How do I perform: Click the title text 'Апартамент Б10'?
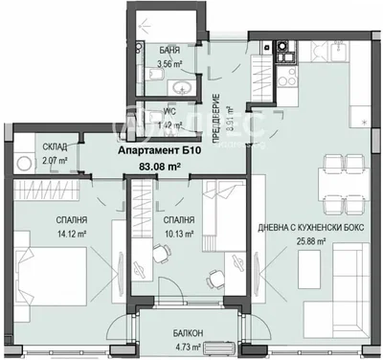(x=160, y=151)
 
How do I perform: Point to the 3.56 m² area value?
(x=169, y=68)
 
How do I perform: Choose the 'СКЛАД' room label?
(x=54, y=146)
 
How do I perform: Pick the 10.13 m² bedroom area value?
(x=178, y=231)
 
